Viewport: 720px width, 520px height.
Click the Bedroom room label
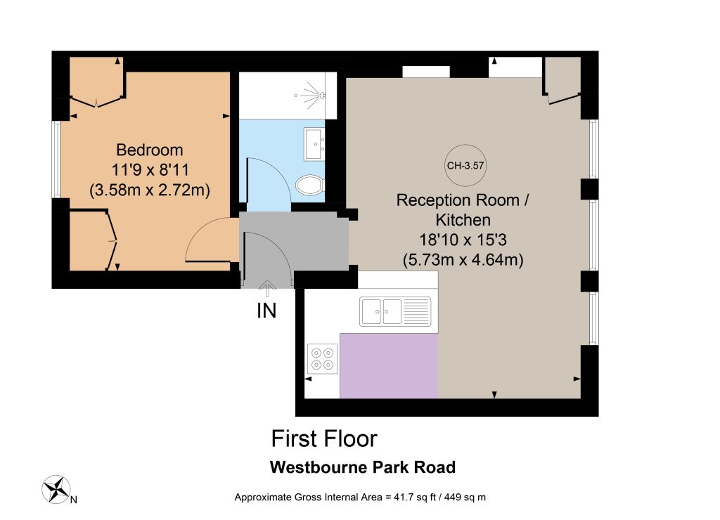pyautogui.click(x=150, y=150)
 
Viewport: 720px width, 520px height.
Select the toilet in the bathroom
pyautogui.click(x=311, y=185)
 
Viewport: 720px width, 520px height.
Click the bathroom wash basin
pyautogui.click(x=314, y=144)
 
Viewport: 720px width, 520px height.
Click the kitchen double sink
pyautogui.click(x=395, y=311)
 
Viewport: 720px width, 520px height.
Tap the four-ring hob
pyautogui.click(x=322, y=359)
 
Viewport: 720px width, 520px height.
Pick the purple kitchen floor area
pyautogui.click(x=388, y=366)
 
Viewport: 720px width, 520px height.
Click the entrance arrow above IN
pyautogui.click(x=266, y=288)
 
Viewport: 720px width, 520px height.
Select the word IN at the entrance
pyautogui.click(x=266, y=311)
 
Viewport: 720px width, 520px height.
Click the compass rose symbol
pyautogui.click(x=56, y=489)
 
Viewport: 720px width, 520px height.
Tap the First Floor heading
pyautogui.click(x=324, y=438)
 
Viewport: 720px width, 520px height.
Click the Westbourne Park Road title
pyautogui.click(x=363, y=467)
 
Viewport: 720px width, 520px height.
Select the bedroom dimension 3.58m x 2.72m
pyautogui.click(x=150, y=190)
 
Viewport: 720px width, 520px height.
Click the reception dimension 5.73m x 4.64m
pyautogui.click(x=463, y=260)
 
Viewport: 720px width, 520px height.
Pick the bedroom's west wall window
pyautogui.click(x=56, y=160)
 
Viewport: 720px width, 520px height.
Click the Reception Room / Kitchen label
pyautogui.click(x=463, y=209)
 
